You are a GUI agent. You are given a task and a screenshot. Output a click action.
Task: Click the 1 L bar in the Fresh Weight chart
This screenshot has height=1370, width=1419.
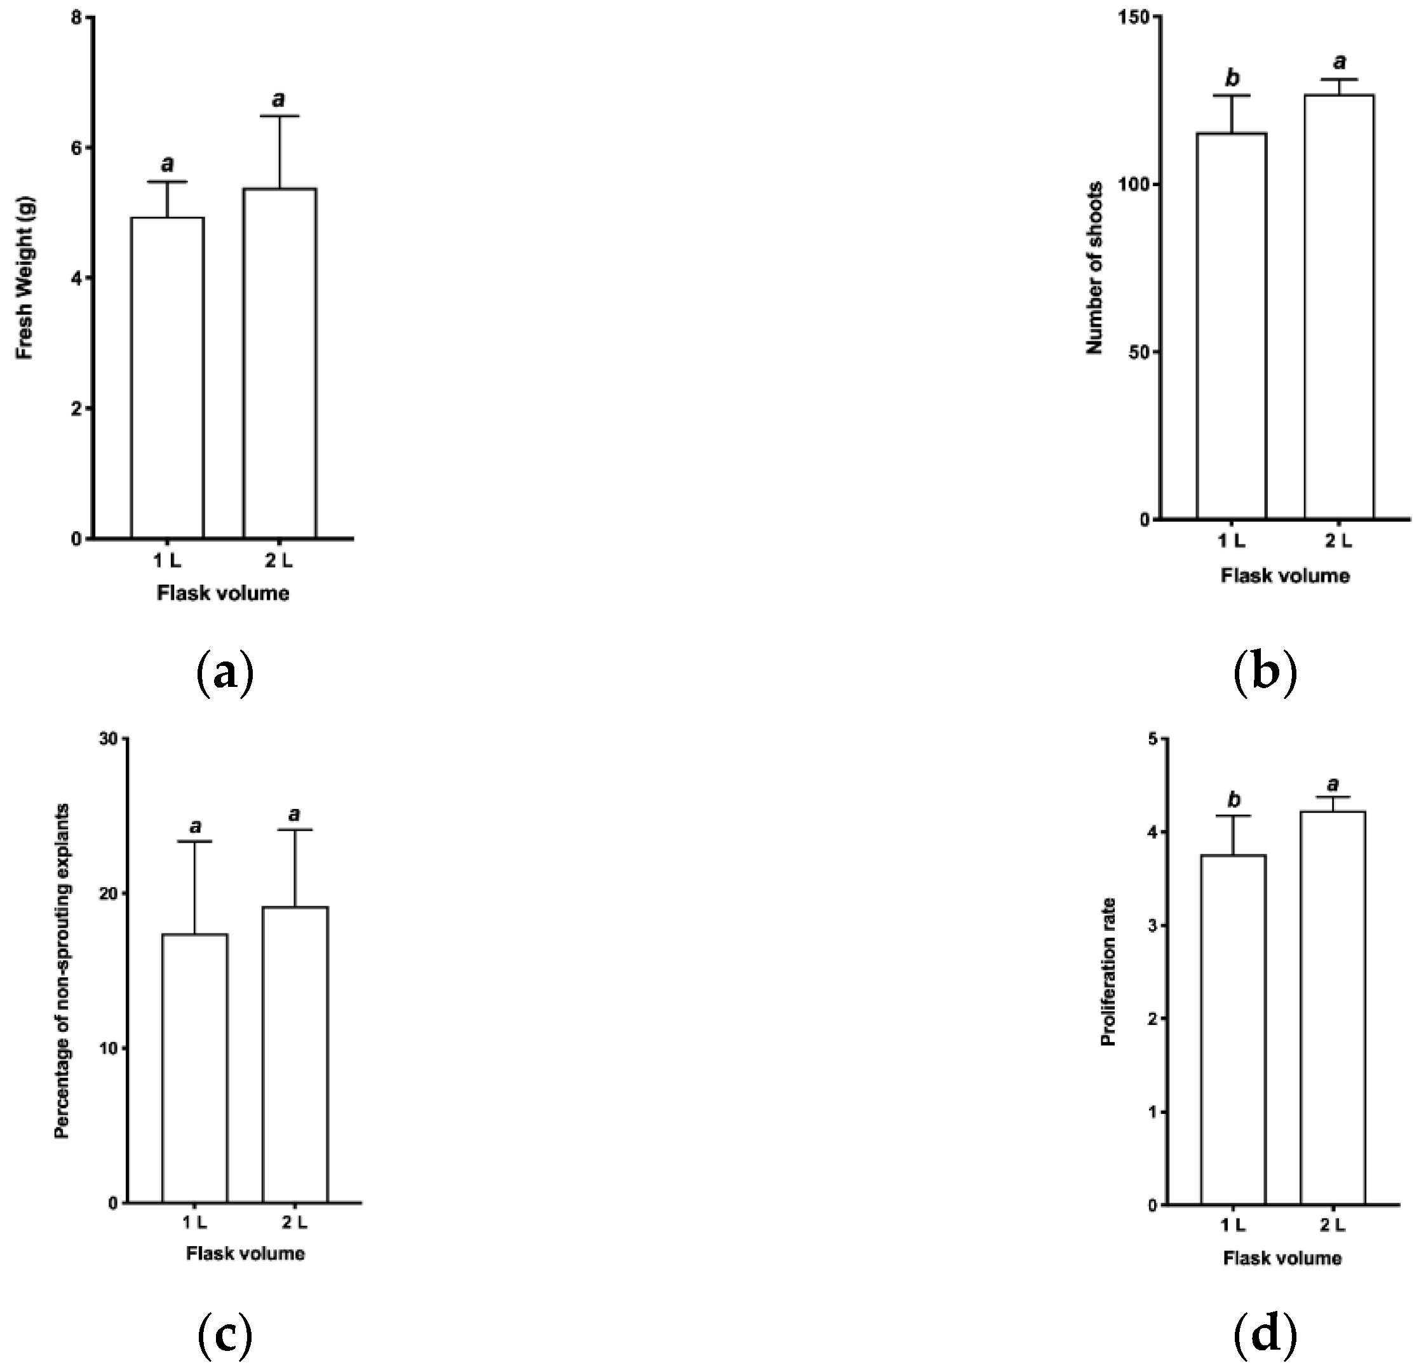point(167,377)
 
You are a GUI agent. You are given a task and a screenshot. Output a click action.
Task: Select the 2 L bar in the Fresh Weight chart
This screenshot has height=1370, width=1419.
point(279,363)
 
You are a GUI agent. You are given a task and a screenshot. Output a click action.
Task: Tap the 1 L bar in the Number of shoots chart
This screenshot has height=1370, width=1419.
point(1232,326)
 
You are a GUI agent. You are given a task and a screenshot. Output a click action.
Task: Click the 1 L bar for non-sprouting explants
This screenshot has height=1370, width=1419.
point(195,1068)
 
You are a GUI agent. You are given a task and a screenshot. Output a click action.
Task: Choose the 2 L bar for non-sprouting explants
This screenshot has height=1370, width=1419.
point(295,1054)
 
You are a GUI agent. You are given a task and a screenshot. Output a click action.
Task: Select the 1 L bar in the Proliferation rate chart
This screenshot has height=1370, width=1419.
point(1234,1029)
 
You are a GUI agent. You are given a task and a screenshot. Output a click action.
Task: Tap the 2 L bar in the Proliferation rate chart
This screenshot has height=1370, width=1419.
point(1333,1007)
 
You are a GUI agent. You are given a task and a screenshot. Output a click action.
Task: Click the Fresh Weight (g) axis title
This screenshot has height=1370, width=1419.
point(25,279)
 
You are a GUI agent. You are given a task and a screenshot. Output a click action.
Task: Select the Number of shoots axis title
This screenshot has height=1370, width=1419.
point(1094,268)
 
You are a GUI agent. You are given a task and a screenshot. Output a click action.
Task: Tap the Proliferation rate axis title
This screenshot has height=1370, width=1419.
point(1108,972)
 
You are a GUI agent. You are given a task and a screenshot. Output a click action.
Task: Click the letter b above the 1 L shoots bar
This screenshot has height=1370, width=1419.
point(1232,78)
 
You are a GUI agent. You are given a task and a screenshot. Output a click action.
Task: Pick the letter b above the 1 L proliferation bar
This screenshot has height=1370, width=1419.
point(1234,799)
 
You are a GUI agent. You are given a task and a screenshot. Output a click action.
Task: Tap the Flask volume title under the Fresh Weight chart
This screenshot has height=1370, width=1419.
point(224,593)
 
